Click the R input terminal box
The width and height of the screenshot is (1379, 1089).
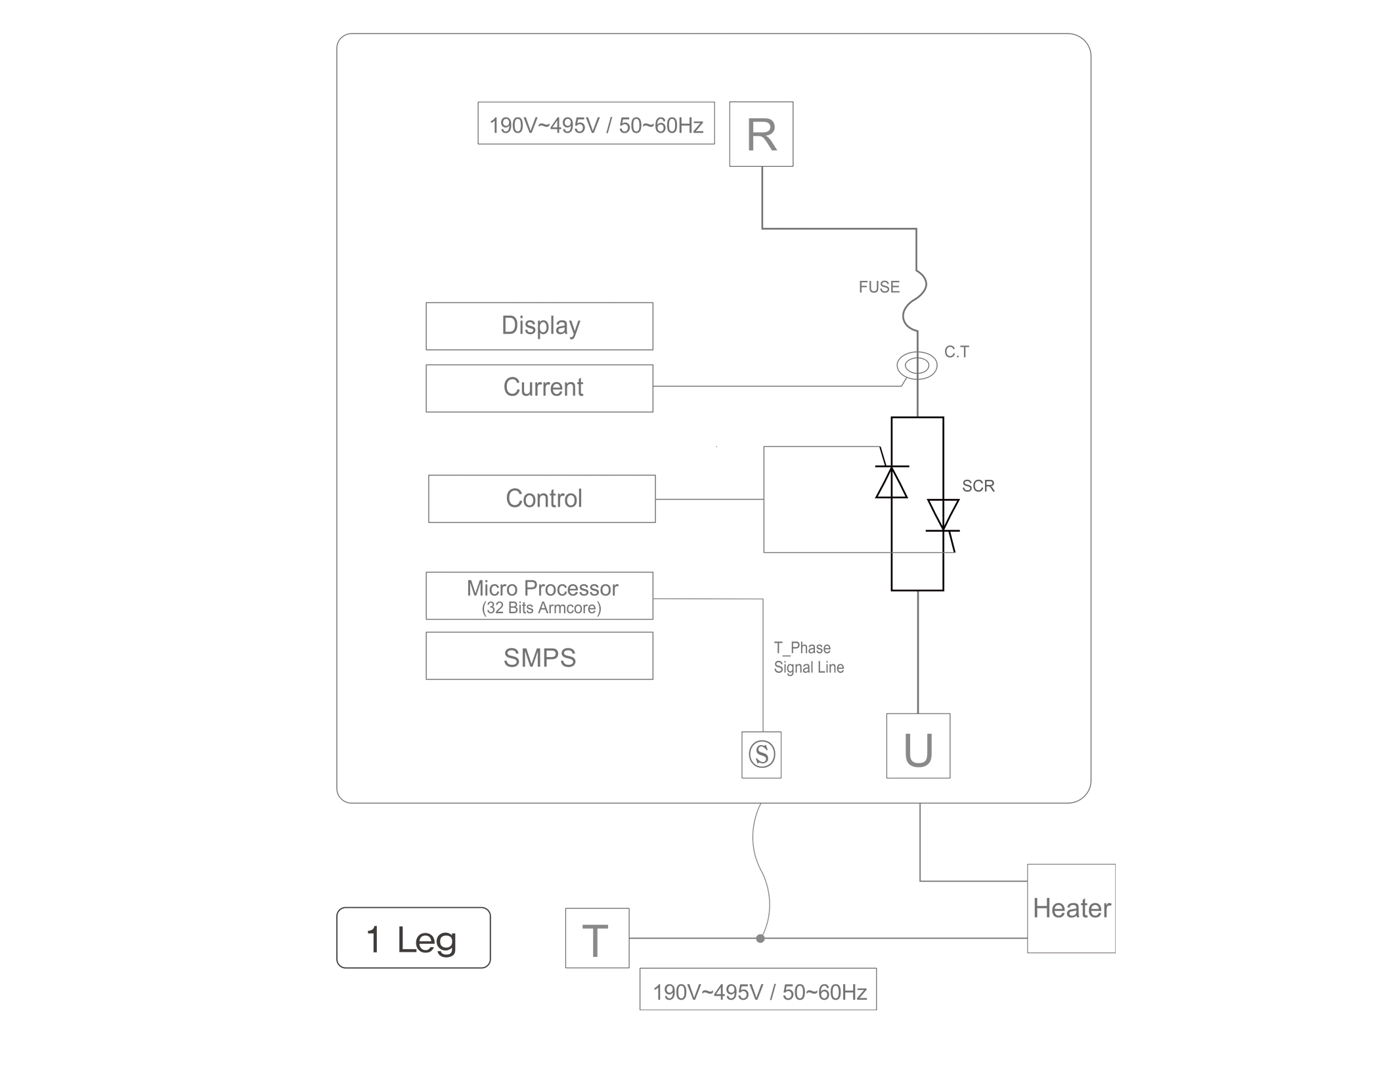click(x=761, y=134)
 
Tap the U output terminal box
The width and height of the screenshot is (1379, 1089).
click(x=918, y=746)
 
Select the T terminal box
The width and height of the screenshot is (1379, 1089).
click(x=597, y=938)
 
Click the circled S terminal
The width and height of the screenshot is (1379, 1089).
click(x=762, y=754)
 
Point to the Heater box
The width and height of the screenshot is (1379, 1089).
click(x=1071, y=908)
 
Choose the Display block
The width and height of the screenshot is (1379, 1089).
click(x=539, y=326)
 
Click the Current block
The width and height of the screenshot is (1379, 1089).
click(x=539, y=388)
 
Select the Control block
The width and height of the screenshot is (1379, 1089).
click(x=542, y=499)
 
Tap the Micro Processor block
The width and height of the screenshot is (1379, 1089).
click(x=539, y=596)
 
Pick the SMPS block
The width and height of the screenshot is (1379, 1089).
click(x=539, y=656)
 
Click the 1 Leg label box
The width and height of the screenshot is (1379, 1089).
click(x=413, y=938)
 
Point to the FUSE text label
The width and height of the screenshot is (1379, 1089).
click(x=879, y=287)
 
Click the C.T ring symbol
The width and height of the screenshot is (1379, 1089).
click(x=917, y=366)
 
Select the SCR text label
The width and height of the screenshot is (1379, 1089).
click(x=978, y=486)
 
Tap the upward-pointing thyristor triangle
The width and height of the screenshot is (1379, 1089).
click(x=892, y=483)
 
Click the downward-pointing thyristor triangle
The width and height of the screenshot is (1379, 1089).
click(x=943, y=513)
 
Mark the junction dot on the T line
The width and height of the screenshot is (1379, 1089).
click(x=760, y=939)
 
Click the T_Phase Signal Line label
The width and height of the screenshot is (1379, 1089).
click(x=808, y=658)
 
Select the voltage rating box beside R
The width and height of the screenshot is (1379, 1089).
click(x=596, y=123)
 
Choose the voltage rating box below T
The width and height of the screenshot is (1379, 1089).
click(x=758, y=989)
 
